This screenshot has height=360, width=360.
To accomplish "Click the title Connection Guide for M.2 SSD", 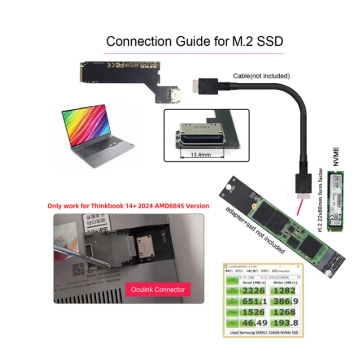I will pyautogui.click(x=194, y=41).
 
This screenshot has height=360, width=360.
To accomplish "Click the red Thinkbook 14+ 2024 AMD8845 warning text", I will pyautogui.click(x=128, y=206).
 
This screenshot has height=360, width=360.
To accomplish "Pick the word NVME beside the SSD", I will pyautogui.click(x=337, y=158).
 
